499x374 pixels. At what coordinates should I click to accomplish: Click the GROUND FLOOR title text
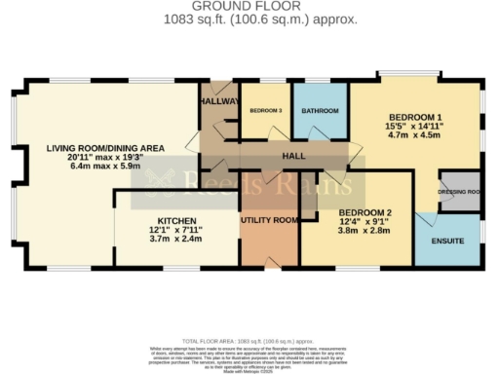(x=249, y=6)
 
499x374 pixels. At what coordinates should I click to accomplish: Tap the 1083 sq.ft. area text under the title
(x=249, y=19)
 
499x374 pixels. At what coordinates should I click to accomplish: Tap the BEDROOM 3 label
(x=265, y=111)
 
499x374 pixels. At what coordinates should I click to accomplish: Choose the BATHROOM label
(x=320, y=111)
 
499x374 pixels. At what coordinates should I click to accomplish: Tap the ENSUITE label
(x=447, y=241)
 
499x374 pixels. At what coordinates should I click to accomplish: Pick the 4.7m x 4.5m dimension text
(x=415, y=137)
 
